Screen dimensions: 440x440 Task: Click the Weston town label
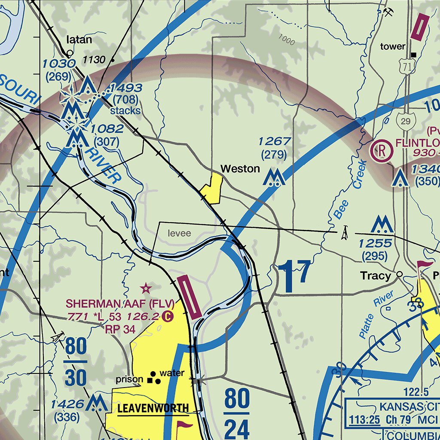pyautogui.click(x=240, y=169)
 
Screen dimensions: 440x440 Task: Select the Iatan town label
pyautogui.click(x=79, y=40)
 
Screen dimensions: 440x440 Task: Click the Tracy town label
pyautogui.click(x=376, y=276)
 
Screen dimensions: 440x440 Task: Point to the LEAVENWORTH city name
pyautogui.click(x=153, y=408)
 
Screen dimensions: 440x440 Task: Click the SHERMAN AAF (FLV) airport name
pyautogui.click(x=120, y=304)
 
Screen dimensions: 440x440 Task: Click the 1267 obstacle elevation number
pyautogui.click(x=274, y=141)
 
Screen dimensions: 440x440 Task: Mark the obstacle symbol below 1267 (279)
pyautogui.click(x=274, y=177)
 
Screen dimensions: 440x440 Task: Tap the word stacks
pyautogui.click(x=125, y=111)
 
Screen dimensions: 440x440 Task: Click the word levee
pyautogui.click(x=179, y=233)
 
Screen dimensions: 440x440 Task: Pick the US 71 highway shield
pyautogui.click(x=405, y=65)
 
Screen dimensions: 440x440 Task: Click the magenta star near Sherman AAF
pyautogui.click(x=147, y=287)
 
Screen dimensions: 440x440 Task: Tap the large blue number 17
pyautogui.click(x=294, y=273)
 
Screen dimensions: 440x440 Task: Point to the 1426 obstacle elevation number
pyautogui.click(x=67, y=404)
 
